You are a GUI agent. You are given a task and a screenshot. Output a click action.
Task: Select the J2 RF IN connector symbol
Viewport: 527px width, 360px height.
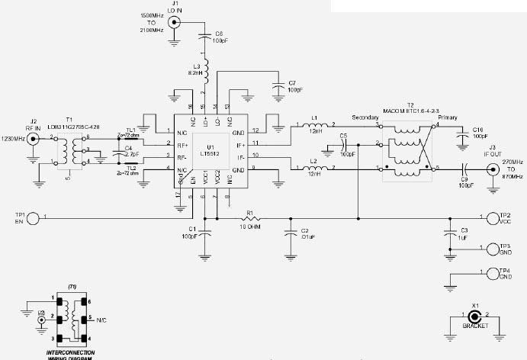[x=33, y=140]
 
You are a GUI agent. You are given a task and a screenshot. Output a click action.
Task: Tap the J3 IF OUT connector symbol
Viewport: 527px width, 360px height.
[x=493, y=168]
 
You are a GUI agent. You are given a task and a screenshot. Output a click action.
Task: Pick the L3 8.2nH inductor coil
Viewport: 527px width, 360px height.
[x=205, y=67]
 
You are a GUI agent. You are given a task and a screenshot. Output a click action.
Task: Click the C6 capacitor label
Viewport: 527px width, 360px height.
[x=220, y=34]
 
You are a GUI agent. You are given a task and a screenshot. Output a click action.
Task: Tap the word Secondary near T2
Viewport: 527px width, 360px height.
[x=366, y=118]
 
